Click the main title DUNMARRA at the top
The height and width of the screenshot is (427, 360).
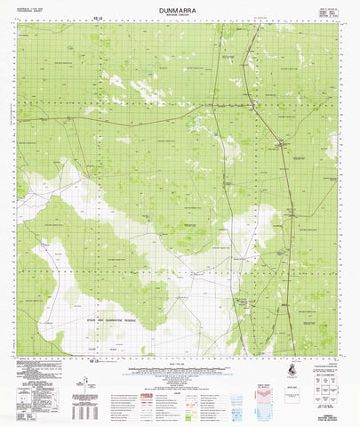coord(180,8)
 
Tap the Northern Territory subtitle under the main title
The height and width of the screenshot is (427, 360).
coord(180,16)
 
